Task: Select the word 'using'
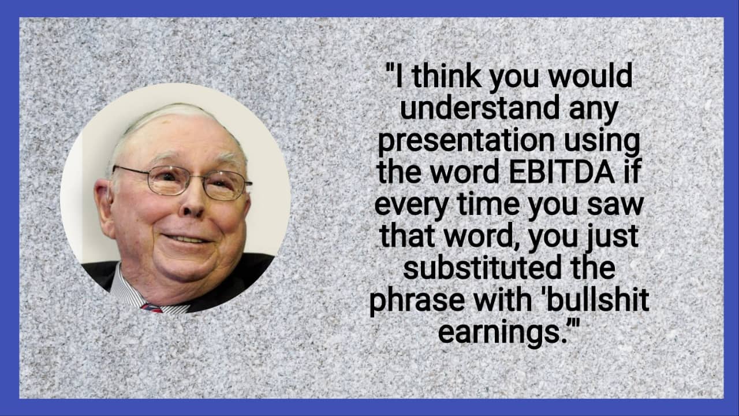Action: [x=607, y=142]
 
